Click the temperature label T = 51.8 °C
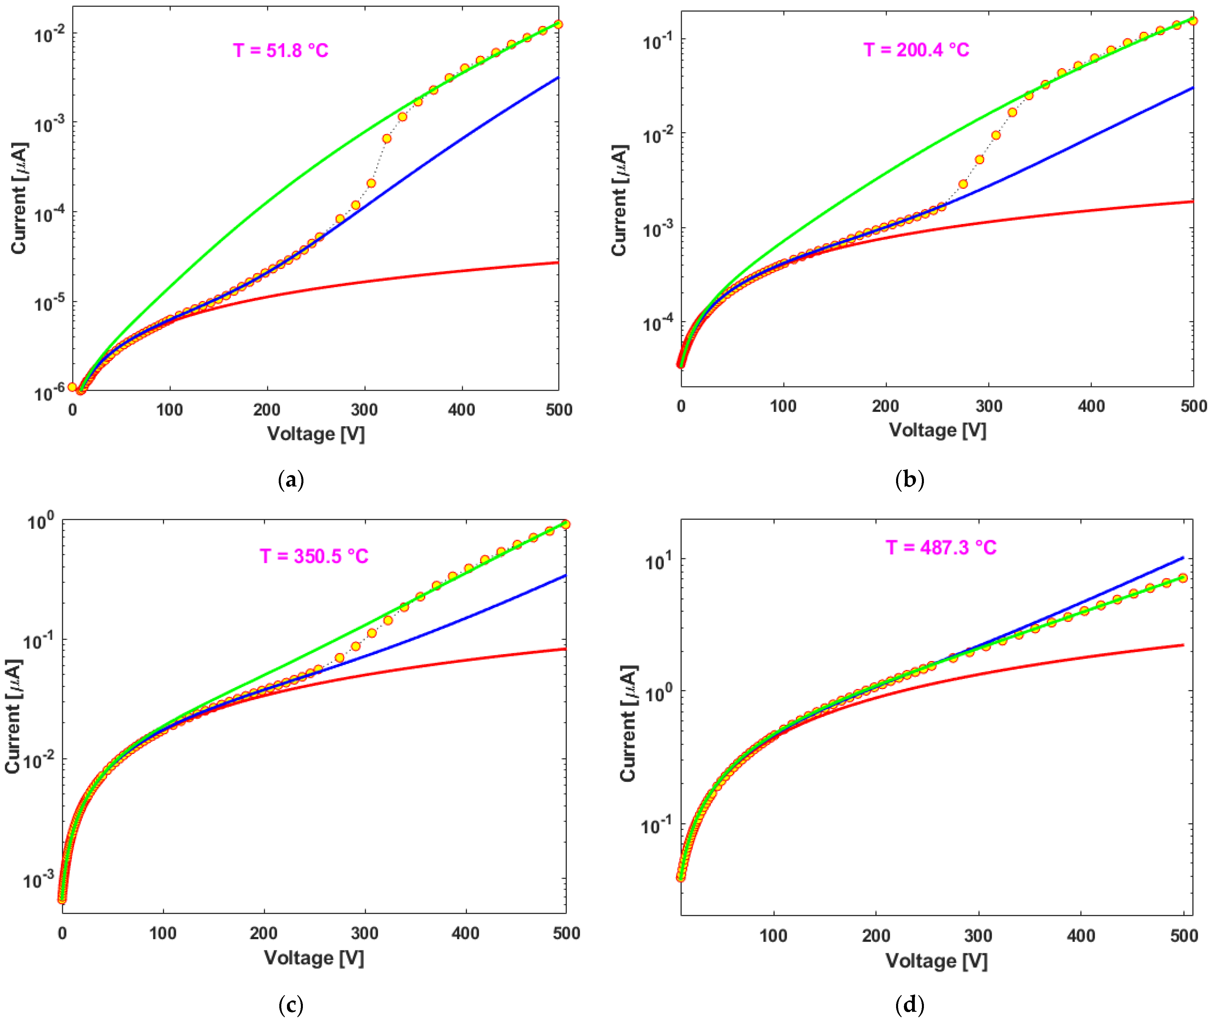click(x=281, y=51)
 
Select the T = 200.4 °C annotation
click(x=916, y=50)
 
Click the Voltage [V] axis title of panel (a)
click(x=316, y=434)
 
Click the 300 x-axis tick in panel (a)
click(x=364, y=410)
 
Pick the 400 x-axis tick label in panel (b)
click(x=1091, y=406)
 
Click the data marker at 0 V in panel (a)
click(x=72, y=387)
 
